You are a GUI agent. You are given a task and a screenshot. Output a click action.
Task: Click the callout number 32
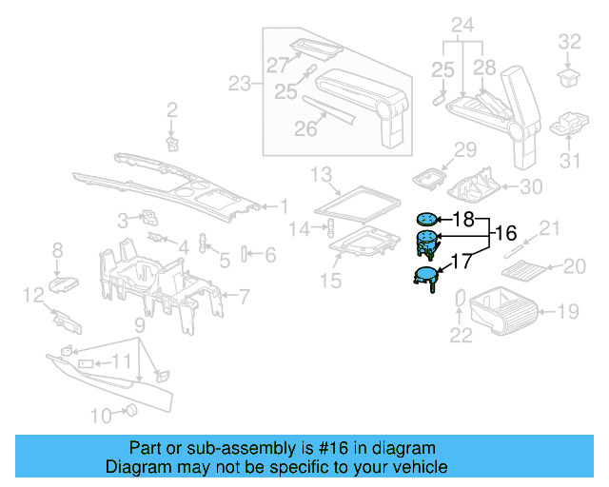click(568, 41)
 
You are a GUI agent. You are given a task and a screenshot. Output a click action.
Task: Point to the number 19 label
click(568, 309)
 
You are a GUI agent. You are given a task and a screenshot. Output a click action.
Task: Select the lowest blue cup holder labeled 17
click(424, 277)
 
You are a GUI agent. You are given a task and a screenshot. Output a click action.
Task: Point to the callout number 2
click(172, 110)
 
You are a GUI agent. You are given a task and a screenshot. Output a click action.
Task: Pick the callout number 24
click(462, 25)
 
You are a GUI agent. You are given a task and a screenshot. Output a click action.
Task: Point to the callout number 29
click(463, 149)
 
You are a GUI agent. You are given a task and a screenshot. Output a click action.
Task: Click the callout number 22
click(461, 333)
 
